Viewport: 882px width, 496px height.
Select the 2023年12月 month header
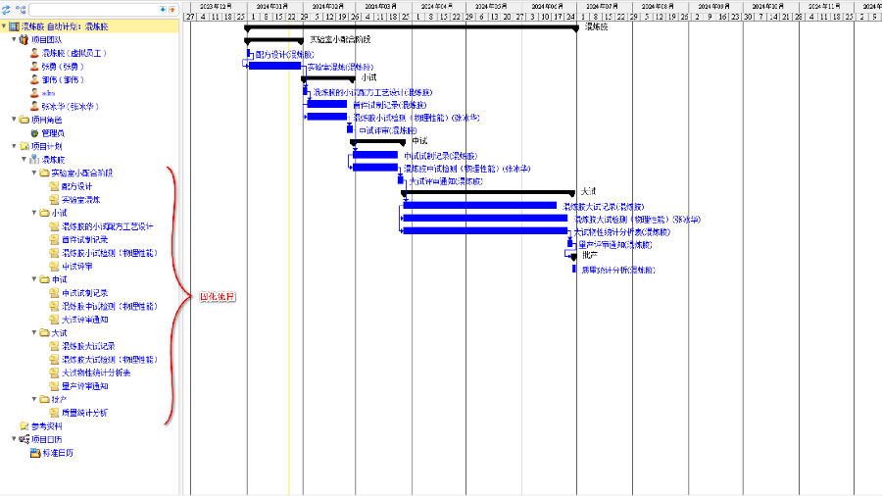(216, 5)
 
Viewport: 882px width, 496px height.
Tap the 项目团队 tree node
(46, 40)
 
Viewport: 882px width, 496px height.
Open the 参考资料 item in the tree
(46, 426)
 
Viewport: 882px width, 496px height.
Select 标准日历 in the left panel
(56, 453)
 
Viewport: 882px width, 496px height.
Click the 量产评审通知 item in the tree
(84, 386)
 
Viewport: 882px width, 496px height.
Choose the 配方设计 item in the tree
(76, 186)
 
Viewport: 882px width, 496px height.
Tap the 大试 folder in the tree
(59, 333)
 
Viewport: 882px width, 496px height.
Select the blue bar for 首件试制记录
(327, 104)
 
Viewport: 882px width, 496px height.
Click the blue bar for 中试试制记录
(375, 155)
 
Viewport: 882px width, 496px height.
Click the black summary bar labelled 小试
(328, 79)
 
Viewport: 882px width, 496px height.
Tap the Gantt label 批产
(589, 255)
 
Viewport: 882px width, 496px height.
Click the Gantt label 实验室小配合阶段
(340, 40)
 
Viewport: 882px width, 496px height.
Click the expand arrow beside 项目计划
(14, 146)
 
